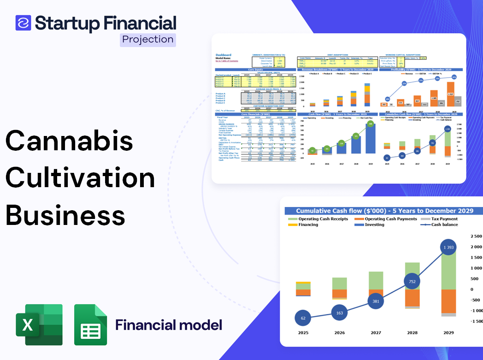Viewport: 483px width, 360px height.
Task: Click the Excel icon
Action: pyautogui.click(x=39, y=325)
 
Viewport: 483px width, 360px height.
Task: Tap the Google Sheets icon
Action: pyautogui.click(x=90, y=325)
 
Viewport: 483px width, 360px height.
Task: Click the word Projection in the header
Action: pyautogui.click(x=148, y=40)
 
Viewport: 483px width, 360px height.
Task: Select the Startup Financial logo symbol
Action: pyautogui.click(x=24, y=23)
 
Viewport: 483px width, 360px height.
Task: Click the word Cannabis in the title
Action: pyautogui.click(x=69, y=141)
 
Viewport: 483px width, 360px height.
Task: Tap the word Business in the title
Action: pyautogui.click(x=65, y=215)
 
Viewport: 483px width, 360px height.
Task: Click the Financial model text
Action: pyautogui.click(x=169, y=325)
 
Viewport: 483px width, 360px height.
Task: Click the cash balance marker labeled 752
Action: pyautogui.click(x=412, y=282)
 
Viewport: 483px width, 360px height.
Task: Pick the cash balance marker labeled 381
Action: pyautogui.click(x=376, y=301)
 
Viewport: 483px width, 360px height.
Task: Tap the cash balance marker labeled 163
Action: pyautogui.click(x=339, y=313)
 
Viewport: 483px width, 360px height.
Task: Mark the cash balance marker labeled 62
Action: pyautogui.click(x=302, y=318)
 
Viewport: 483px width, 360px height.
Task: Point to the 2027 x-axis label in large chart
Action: pyautogui.click(x=376, y=332)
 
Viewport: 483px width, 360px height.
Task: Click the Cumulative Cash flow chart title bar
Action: pyautogui.click(x=384, y=211)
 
